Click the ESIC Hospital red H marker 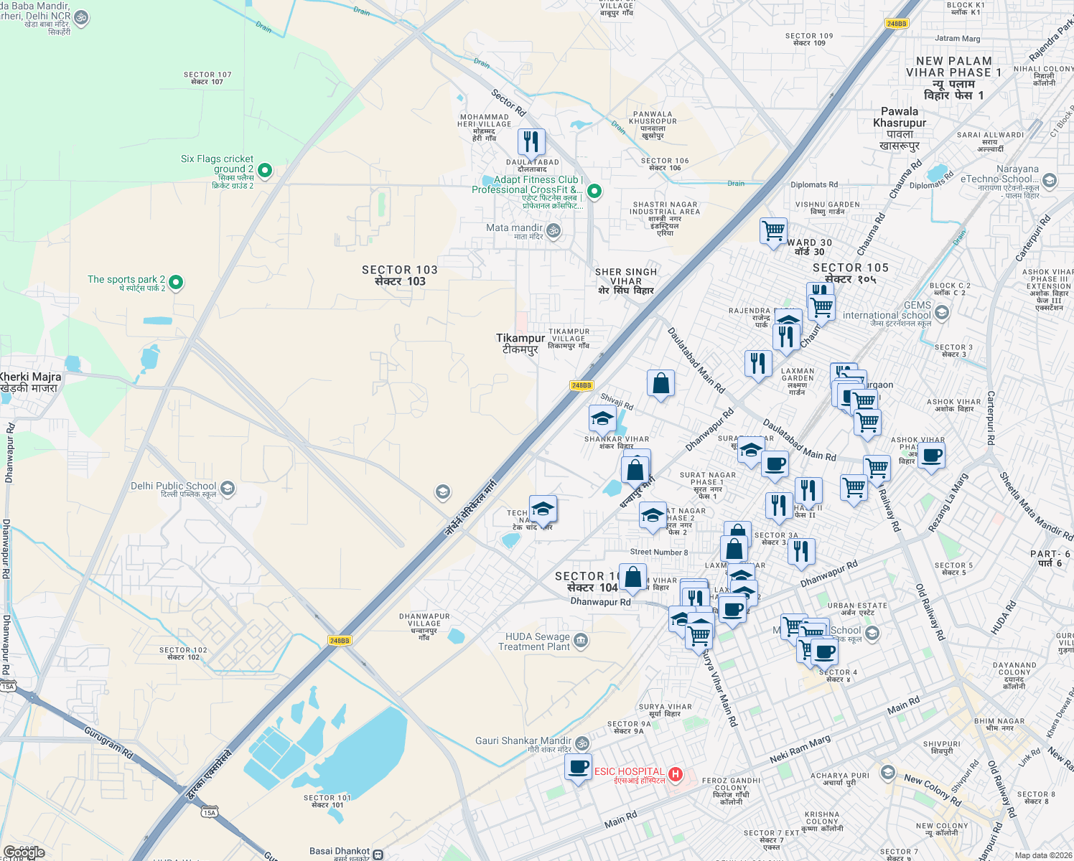675,774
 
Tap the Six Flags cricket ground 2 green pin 264,170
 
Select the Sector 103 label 399,275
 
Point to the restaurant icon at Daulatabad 531,141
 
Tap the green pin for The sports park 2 176,282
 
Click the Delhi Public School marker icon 228,489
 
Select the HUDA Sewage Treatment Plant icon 581,640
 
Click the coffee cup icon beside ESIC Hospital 578,767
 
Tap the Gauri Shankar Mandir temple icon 582,743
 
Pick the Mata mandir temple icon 553,230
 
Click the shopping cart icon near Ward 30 773,232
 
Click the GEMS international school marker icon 942,312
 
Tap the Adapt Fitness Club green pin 594,191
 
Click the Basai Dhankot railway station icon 378,854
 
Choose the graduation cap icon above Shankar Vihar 602,418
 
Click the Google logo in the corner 24,852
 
